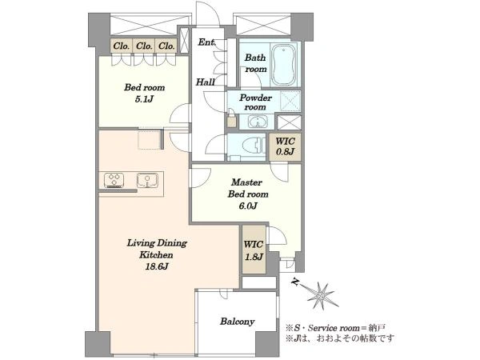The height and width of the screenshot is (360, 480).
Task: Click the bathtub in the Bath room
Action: (284, 65)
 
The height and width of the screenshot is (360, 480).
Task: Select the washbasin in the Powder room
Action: (258, 122)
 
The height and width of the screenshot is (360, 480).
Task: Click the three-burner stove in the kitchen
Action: (114, 180)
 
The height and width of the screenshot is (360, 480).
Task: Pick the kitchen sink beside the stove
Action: (147, 180)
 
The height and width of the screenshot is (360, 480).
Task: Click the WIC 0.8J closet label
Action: (285, 146)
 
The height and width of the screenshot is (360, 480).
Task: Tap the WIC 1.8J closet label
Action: (254, 250)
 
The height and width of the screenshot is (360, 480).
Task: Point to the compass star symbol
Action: (321, 295)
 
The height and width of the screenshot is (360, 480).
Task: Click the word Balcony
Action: (238, 322)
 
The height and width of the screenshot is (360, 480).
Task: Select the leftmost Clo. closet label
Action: (122, 46)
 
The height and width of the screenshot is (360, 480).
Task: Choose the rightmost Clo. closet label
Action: (166, 46)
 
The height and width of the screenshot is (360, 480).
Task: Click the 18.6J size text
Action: (157, 266)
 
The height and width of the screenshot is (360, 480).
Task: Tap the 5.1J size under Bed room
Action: (144, 99)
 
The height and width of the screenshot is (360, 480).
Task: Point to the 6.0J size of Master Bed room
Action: (248, 206)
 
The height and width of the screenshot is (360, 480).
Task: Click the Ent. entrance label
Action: (207, 42)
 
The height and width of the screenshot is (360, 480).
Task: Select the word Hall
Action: (205, 82)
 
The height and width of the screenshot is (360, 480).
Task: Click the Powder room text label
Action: (256, 102)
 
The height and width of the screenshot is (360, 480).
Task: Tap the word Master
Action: (246, 182)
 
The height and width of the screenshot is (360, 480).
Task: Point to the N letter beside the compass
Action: (295, 282)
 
